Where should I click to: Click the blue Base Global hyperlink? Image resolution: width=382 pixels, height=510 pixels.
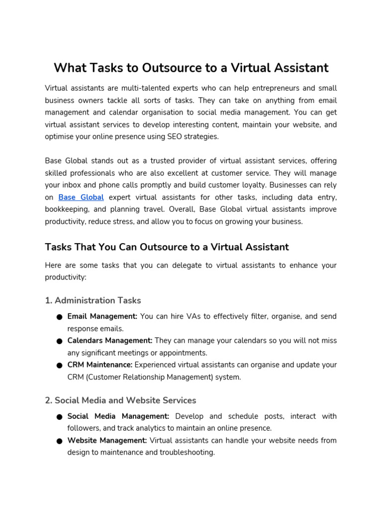pyautogui.click(x=81, y=198)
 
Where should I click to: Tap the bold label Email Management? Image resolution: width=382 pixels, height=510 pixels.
pyautogui.click(x=102, y=316)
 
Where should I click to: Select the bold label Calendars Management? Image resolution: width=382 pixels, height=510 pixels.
pyautogui.click(x=110, y=341)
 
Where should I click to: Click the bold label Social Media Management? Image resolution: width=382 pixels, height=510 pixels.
pyautogui.click(x=118, y=416)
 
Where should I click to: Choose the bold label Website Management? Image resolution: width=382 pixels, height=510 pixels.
pyautogui.click(x=107, y=440)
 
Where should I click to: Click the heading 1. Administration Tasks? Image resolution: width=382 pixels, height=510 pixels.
pyautogui.click(x=93, y=300)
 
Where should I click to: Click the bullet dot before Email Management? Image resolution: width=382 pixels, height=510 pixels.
pyautogui.click(x=59, y=317)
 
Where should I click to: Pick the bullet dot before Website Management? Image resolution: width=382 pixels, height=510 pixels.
pyautogui.click(x=59, y=441)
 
